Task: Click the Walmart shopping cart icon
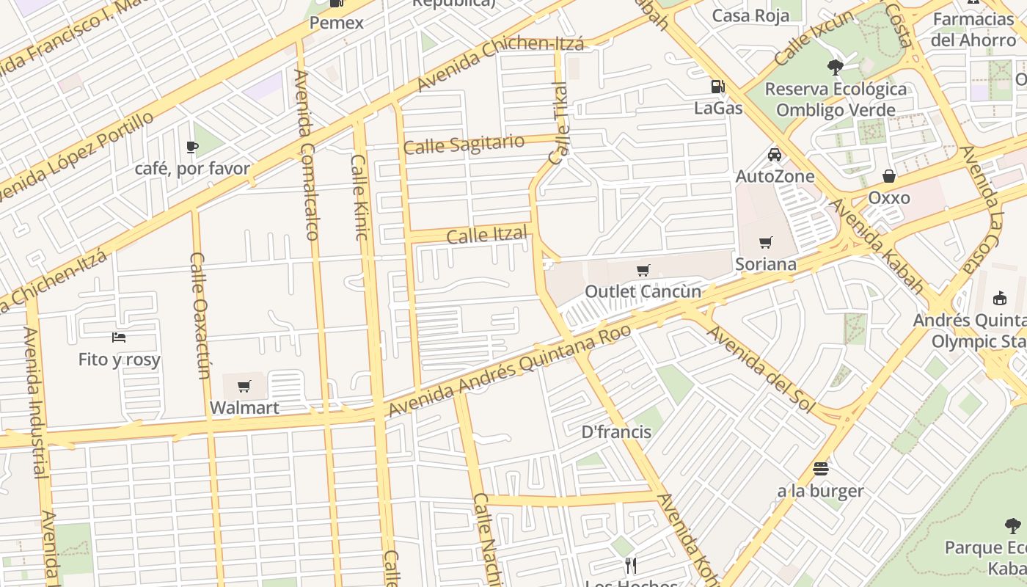244,386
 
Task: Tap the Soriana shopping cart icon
766,242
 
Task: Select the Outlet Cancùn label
643,291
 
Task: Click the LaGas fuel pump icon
717,87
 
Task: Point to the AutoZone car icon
774,154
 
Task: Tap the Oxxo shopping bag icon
889,176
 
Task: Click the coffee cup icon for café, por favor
192,147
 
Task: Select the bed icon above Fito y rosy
119,338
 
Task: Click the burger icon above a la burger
820,468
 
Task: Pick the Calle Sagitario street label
464,144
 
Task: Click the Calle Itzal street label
487,236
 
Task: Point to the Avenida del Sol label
761,369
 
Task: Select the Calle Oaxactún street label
200,316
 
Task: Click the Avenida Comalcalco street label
307,155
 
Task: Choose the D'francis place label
616,432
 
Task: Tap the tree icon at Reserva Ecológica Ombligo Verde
835,68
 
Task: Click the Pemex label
337,23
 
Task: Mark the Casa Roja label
750,15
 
